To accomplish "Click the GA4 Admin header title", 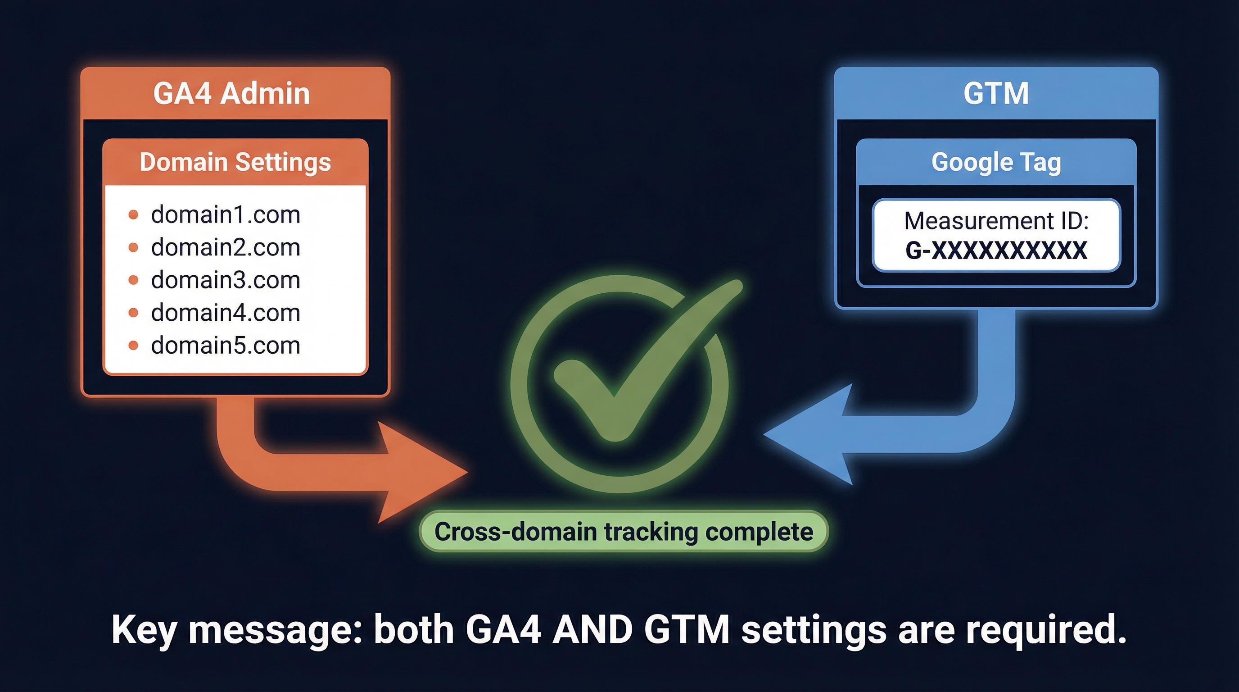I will [x=231, y=93].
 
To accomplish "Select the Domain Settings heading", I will [x=235, y=162].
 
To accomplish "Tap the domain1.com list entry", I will [x=226, y=214].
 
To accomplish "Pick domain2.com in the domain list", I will [x=226, y=247].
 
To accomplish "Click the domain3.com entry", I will [x=226, y=280].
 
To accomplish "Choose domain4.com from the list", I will [x=226, y=313].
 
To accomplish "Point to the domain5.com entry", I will [x=226, y=346].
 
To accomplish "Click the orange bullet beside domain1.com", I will [x=134, y=214].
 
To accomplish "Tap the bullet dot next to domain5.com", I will [x=134, y=346].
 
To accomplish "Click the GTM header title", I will [x=996, y=93].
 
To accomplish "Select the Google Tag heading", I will [x=996, y=162].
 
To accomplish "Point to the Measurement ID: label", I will [x=996, y=221].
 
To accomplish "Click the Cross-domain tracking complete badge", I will [x=624, y=532].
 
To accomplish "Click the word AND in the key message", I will [x=592, y=629].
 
